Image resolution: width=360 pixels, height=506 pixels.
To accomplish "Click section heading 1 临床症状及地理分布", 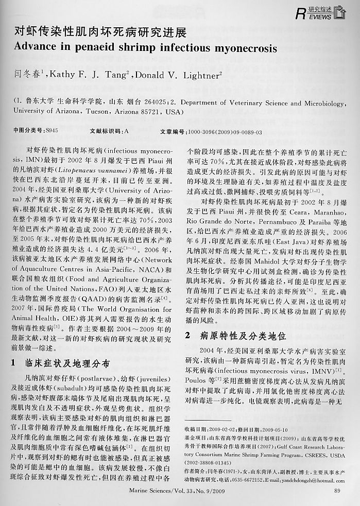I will point(60,363).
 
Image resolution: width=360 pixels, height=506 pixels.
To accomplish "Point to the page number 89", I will point(337,491).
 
